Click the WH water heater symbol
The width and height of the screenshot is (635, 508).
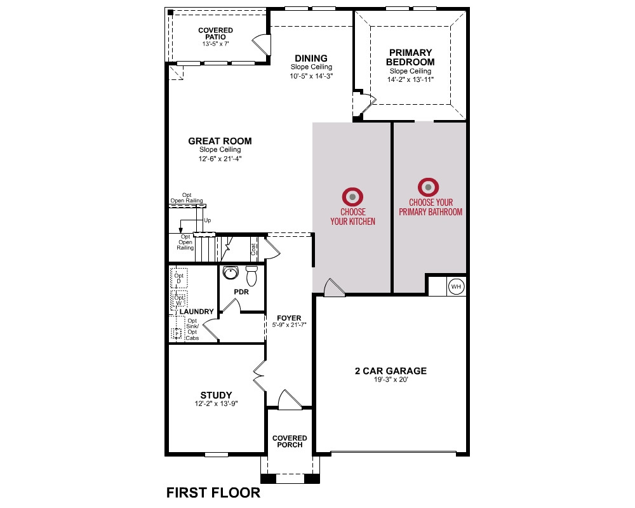[x=456, y=286]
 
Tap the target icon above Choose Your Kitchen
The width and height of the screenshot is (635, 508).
[x=352, y=197]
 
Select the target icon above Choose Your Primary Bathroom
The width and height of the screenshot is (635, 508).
[x=429, y=187]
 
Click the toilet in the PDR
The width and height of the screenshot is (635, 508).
[x=252, y=275]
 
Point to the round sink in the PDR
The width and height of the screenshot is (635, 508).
[x=231, y=272]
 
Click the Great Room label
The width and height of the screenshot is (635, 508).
[x=220, y=141]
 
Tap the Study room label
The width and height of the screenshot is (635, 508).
[x=217, y=395]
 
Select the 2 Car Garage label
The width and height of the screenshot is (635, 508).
[x=391, y=371]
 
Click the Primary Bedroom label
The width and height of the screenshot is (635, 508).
[x=410, y=57]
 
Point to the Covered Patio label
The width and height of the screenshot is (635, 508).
[x=215, y=33]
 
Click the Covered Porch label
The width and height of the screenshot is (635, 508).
[x=290, y=441]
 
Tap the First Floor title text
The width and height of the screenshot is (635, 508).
[x=213, y=493]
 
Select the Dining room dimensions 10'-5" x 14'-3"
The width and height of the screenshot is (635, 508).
[x=311, y=76]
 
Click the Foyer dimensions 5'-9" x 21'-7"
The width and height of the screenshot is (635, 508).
[x=289, y=325]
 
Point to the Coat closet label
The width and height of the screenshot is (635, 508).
[x=253, y=249]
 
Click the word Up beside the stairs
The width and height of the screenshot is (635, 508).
[x=208, y=220]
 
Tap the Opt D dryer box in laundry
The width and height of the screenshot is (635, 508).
[x=178, y=278]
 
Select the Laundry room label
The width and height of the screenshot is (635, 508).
[x=196, y=312]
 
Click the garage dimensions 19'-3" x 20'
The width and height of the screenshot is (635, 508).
[x=391, y=380]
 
